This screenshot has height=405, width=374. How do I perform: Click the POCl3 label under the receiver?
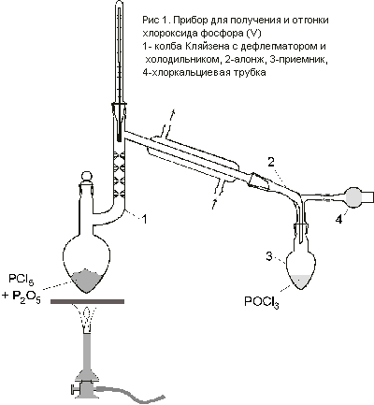pyautogui.click(x=262, y=303)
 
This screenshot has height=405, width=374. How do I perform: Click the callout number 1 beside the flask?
pyautogui.click(x=144, y=219)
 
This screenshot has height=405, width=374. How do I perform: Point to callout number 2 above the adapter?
pyautogui.click(x=271, y=163)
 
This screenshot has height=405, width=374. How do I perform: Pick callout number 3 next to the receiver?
pyautogui.click(x=270, y=256)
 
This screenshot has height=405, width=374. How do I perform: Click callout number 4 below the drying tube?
pyautogui.click(x=339, y=220)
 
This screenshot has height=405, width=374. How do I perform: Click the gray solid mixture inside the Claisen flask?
pyautogui.click(x=86, y=280)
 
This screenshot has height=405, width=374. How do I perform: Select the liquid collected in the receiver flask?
pyautogui.click(x=301, y=282)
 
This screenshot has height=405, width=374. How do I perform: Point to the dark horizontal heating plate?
pyautogui.click(x=88, y=301)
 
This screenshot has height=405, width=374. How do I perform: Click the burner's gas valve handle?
pyautogui.click(x=76, y=389)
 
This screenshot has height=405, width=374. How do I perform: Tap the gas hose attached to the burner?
pyautogui.click(x=131, y=394)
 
